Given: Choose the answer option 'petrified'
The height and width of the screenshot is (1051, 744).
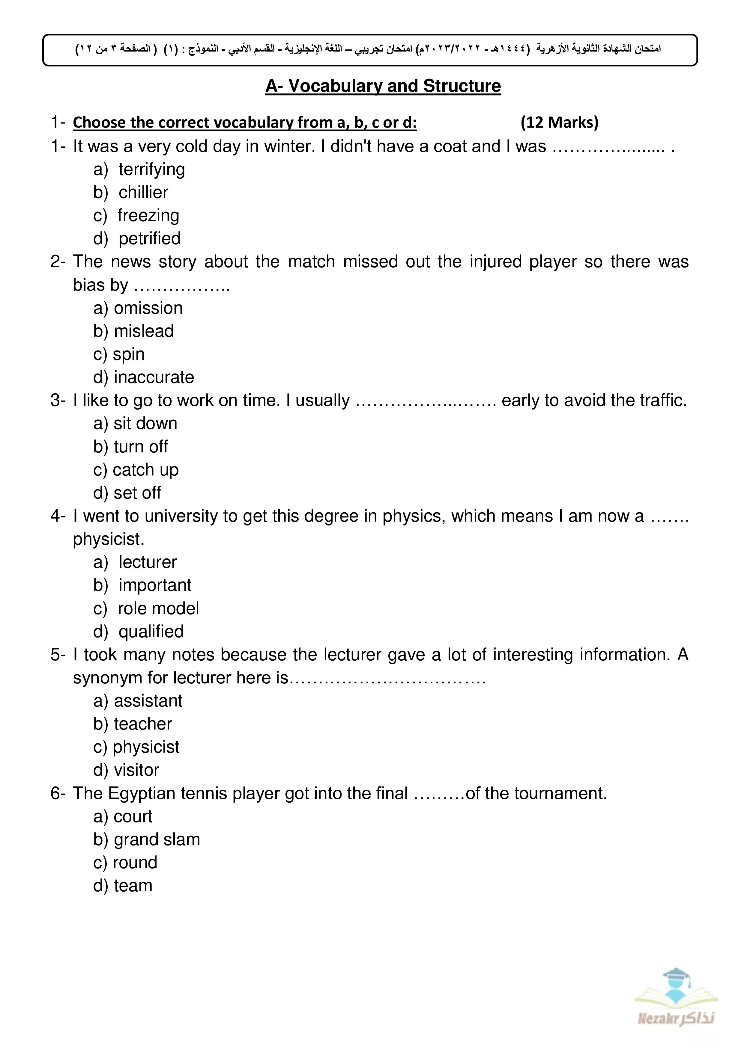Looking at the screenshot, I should [x=149, y=238].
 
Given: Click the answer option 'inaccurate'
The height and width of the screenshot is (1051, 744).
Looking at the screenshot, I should [x=154, y=377].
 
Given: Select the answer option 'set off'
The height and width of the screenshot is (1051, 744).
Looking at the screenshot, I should [x=137, y=493].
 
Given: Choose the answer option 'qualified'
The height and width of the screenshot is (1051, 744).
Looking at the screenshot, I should [x=151, y=632].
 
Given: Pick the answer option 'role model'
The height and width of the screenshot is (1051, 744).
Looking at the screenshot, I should [x=158, y=608].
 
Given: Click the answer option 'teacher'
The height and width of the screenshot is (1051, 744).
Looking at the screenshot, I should [x=142, y=724].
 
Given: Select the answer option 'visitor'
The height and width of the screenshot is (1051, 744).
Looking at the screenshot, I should [x=136, y=770].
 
